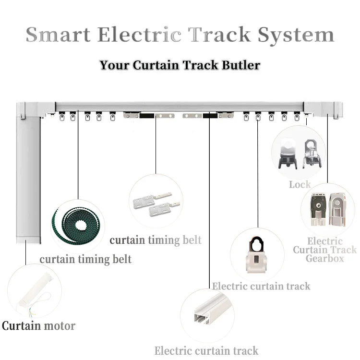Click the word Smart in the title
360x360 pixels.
pos(58,35)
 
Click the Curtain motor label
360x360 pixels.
pos(38,326)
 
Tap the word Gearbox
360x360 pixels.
pos(325,259)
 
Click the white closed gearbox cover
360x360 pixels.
pos(338,209)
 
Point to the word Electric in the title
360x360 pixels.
pos(144,35)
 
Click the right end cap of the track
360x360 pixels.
pos(324,108)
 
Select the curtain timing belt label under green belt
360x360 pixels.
pos(85,260)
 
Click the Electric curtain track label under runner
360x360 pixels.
pos(261,287)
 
